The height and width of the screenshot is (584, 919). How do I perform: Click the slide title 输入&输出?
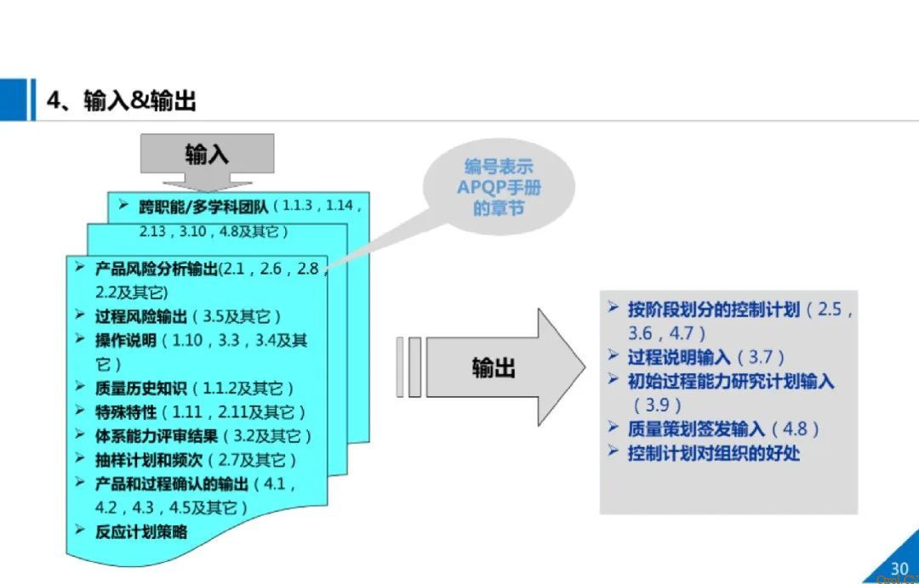[x=122, y=101]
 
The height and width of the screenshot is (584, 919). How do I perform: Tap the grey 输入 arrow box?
[x=208, y=154]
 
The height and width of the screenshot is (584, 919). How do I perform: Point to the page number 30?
[x=899, y=569]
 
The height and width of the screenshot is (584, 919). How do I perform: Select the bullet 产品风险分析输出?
[x=157, y=269]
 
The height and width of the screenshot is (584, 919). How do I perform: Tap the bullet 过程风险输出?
[x=141, y=316]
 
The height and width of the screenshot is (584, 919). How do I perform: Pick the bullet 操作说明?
[x=126, y=341]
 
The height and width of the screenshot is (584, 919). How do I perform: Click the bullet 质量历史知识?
[x=141, y=388]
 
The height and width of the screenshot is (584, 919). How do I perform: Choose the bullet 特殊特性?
[x=126, y=412]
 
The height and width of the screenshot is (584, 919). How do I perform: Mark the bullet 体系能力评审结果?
[x=157, y=436]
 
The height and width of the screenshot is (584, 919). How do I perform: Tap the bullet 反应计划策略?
[x=141, y=532]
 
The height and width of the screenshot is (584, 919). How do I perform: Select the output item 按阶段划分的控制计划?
[x=713, y=309]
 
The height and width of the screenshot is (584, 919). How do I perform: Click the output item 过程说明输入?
[x=682, y=357]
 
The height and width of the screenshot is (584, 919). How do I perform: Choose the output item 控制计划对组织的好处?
[x=713, y=453]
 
